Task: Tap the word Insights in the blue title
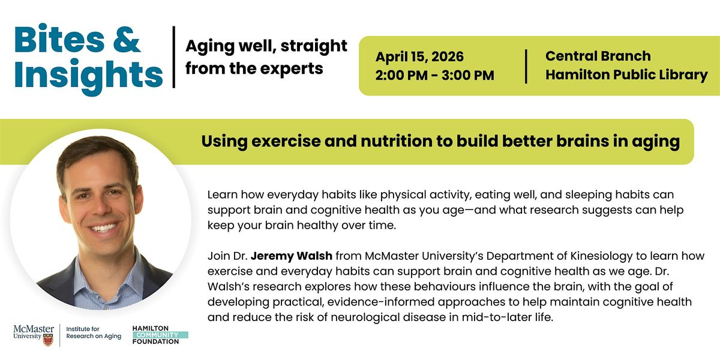point(88,75)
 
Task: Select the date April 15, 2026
point(419,57)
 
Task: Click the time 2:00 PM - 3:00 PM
point(434,75)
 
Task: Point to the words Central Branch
point(598,56)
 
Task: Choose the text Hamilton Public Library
point(626,75)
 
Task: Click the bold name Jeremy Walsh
point(291,256)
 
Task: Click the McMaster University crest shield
point(48,340)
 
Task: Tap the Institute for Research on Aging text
point(94,332)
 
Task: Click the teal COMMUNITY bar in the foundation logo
point(160,335)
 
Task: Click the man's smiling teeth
point(103,228)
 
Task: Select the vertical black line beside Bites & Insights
point(174,57)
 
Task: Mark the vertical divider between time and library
point(526,66)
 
